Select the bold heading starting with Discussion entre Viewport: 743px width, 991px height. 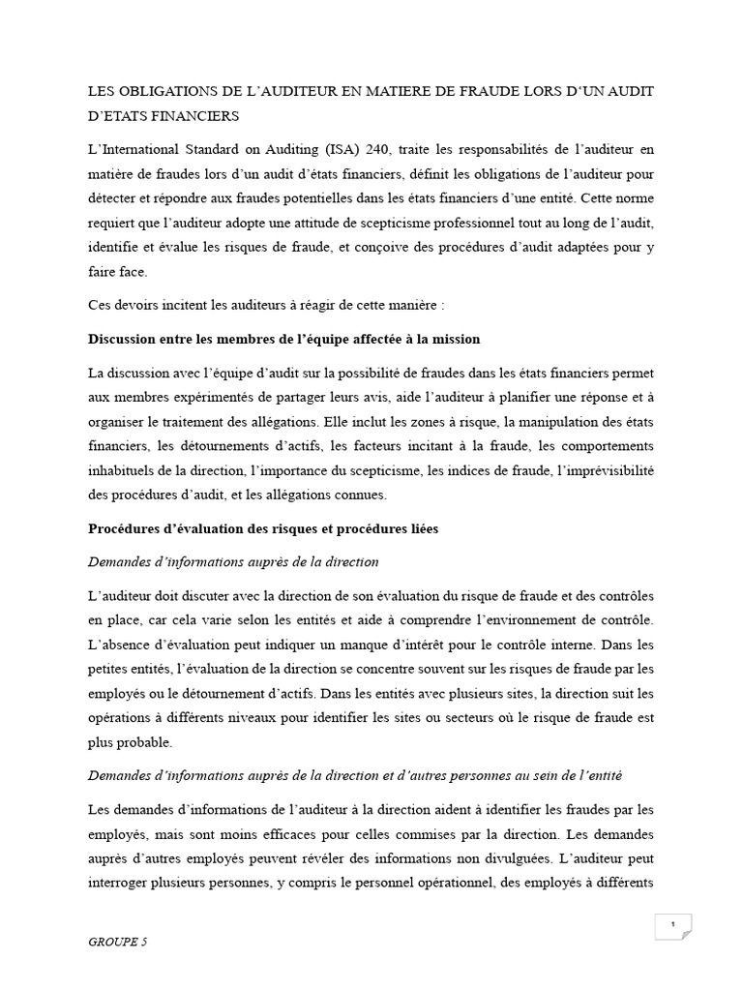point(283,339)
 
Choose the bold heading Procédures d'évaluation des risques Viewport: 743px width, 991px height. point(262,529)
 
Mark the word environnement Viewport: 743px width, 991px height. point(533,617)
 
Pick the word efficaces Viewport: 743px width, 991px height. point(318,832)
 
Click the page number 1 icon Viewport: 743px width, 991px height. point(671,925)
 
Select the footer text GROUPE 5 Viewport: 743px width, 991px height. point(118,941)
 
